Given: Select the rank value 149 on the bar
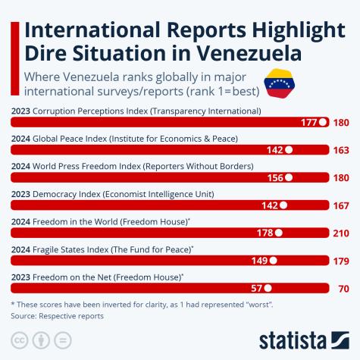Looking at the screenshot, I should pos(259,261).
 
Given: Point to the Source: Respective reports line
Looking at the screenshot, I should pos(58,315).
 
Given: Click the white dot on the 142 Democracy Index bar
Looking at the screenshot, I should pos(283,205).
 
